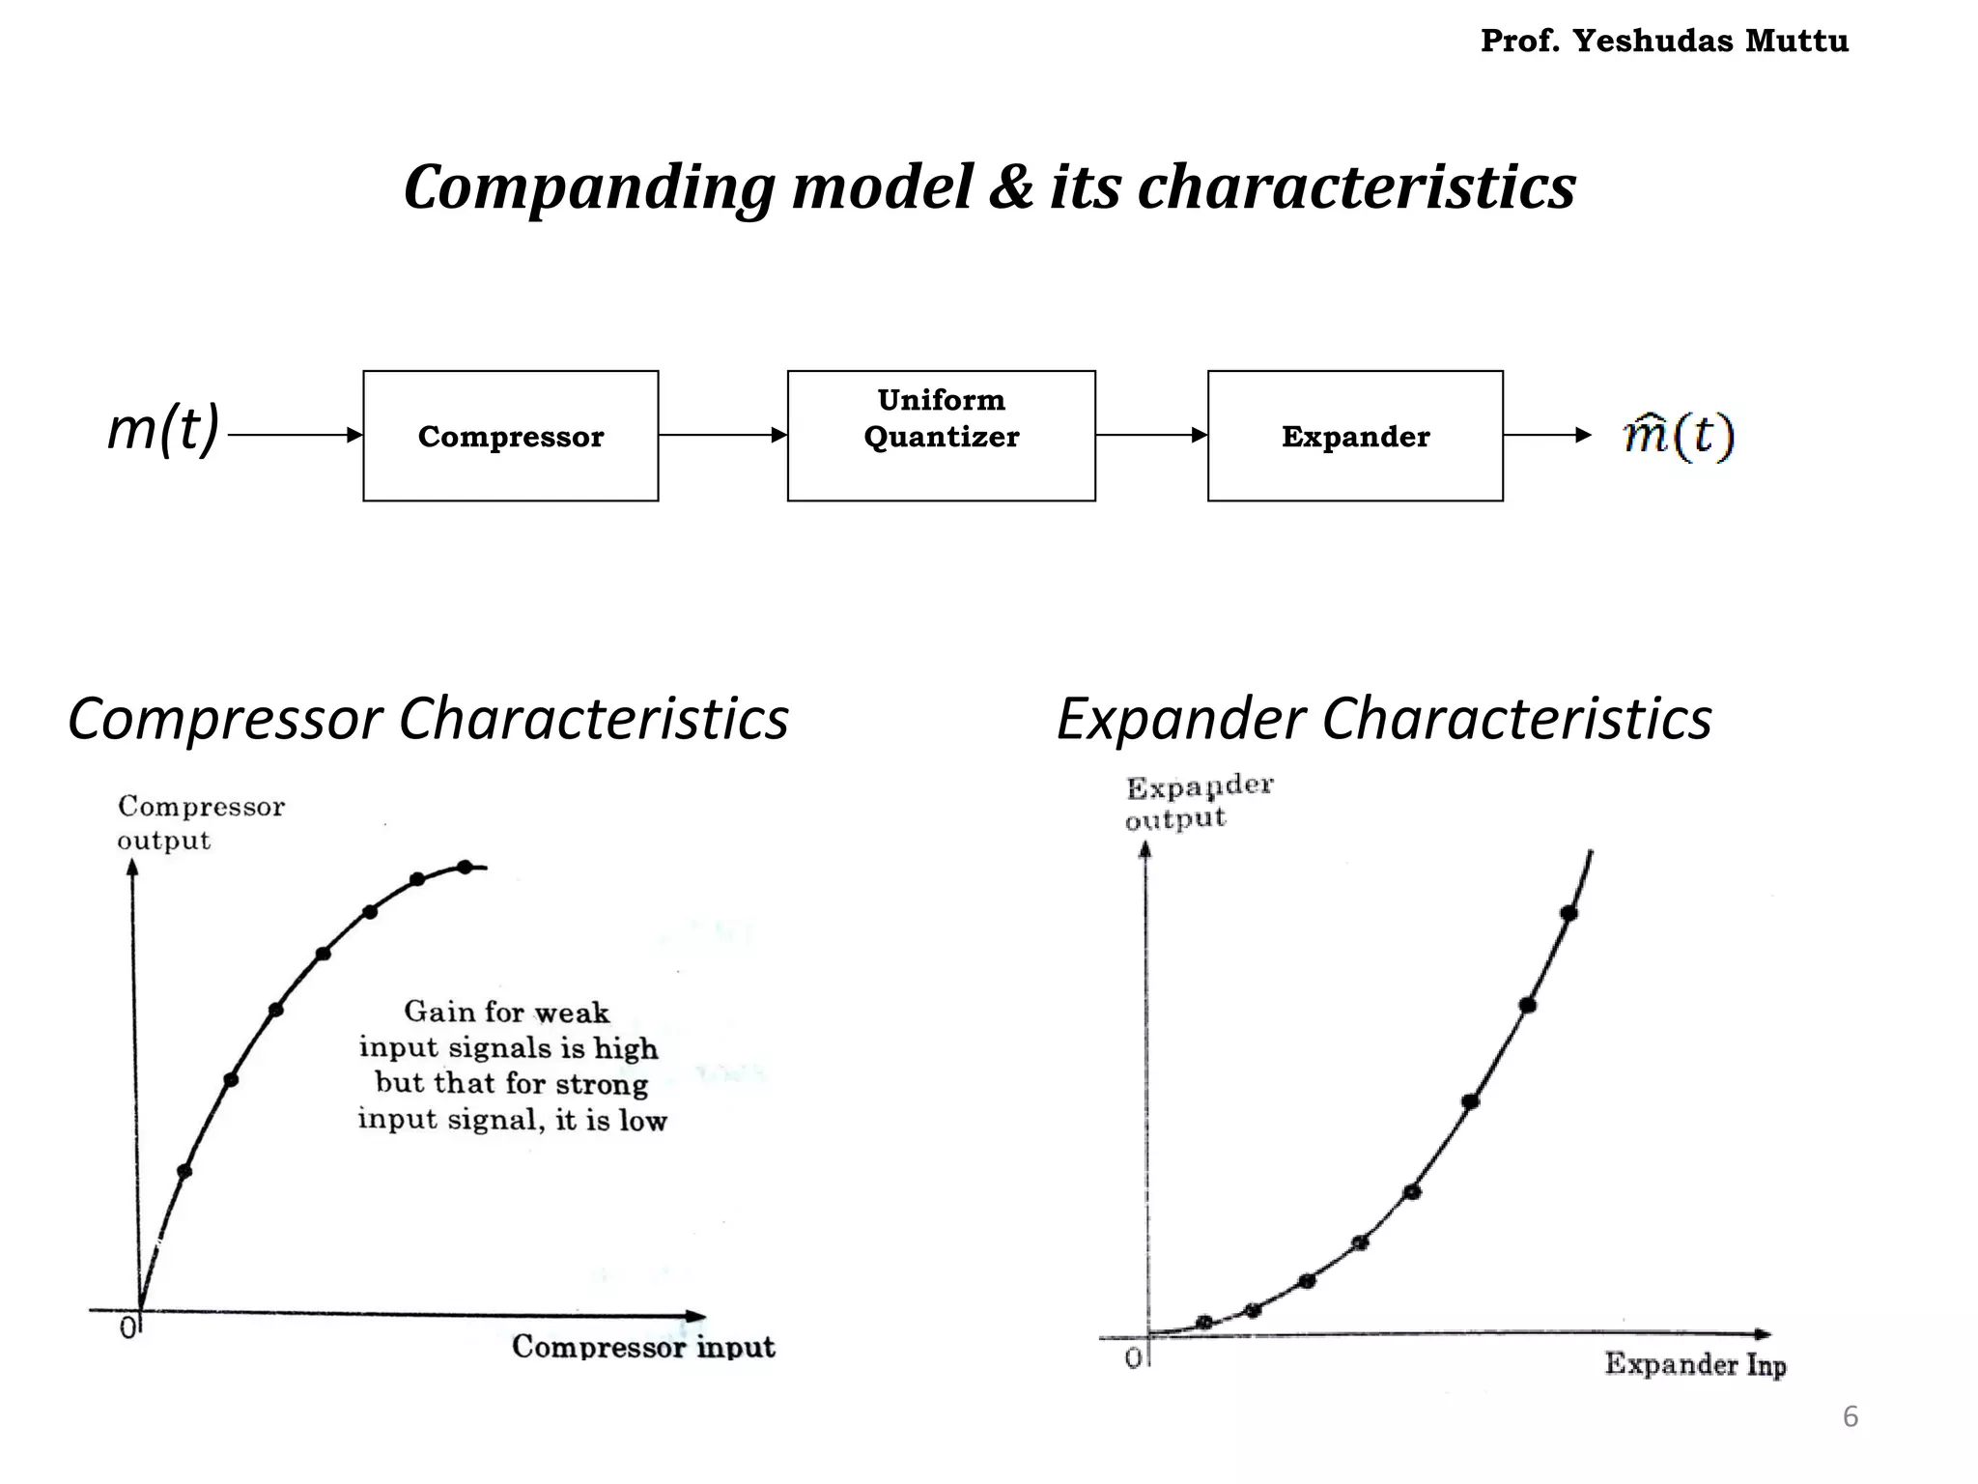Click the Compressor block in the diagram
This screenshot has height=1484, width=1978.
pos(511,436)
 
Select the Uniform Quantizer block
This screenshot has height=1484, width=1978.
pos(941,436)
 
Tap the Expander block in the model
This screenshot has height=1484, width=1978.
pos(1355,436)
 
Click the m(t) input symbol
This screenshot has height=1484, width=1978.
pos(163,428)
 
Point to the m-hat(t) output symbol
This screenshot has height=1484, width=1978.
pos(1679,435)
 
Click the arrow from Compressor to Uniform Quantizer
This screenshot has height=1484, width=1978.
pos(722,435)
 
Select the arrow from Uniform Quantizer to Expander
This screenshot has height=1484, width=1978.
pos(1151,435)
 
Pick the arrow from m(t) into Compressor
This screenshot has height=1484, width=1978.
pos(295,435)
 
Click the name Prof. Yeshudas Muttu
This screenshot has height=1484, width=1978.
pos(1664,41)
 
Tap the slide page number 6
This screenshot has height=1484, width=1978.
pos(1850,1416)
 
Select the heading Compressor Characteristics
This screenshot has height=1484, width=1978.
pos(428,719)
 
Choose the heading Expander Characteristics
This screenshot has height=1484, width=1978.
pos(1384,719)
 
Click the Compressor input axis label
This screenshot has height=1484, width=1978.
pos(643,1346)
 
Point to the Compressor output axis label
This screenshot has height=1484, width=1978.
pos(201,823)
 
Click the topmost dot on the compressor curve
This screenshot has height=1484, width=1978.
pos(465,867)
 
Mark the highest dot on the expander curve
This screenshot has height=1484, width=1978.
pos(1568,913)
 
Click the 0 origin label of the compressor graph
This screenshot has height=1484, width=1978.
pos(127,1329)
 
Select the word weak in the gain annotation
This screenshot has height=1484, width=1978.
pos(572,1013)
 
